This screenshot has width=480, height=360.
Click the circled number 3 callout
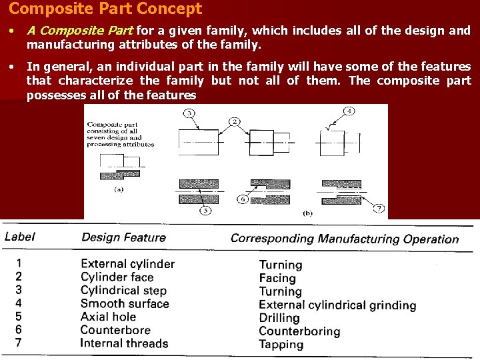pyautogui.click(x=189, y=113)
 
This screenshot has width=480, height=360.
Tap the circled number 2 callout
pyautogui.click(x=235, y=121)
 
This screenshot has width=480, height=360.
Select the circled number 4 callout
pyautogui.click(x=349, y=111)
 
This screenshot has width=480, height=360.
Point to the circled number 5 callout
pyautogui.click(x=206, y=211)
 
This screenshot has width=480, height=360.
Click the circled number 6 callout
pyautogui.click(x=243, y=199)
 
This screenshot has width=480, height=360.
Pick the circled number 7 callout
pyautogui.click(x=379, y=209)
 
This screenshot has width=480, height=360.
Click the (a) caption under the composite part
pyautogui.click(x=119, y=189)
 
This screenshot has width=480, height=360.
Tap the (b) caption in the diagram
pyautogui.click(x=307, y=213)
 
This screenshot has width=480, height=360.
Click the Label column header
pyautogui.click(x=20, y=237)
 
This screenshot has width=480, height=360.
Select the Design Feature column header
pyautogui.click(x=123, y=237)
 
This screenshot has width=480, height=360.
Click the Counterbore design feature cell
pyautogui.click(x=115, y=330)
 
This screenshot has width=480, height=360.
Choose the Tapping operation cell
pyautogui.click(x=281, y=345)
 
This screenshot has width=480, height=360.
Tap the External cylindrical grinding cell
pyautogui.click(x=337, y=305)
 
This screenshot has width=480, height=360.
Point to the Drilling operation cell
pyautogui.click(x=279, y=318)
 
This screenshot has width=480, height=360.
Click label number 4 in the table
pyautogui.click(x=19, y=303)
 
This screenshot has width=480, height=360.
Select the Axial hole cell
pyautogui.click(x=108, y=317)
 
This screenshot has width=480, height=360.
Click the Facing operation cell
pyautogui.click(x=277, y=278)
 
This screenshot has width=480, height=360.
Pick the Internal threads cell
pyautogui.click(x=124, y=343)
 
